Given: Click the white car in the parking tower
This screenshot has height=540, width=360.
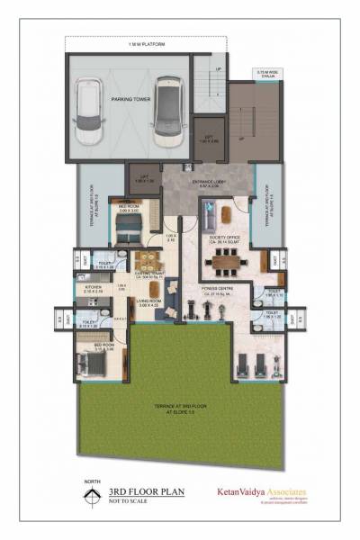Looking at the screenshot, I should (x=90, y=112).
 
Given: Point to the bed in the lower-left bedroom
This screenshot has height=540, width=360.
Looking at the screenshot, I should (x=94, y=363).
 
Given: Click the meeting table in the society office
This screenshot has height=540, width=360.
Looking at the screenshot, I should (x=222, y=265).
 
